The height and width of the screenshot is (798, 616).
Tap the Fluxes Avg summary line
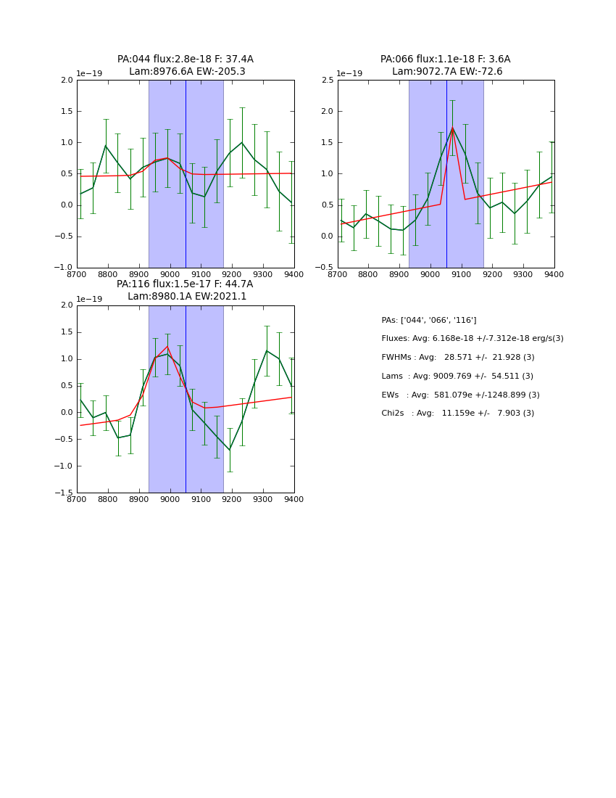click(472, 339)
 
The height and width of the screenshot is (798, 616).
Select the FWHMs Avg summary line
click(457, 358)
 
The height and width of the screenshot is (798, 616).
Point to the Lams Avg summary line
click(457, 377)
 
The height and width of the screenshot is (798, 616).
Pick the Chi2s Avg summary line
click(457, 414)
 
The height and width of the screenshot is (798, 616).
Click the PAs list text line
click(428, 321)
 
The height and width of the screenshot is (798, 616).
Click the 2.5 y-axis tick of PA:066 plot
click(327, 81)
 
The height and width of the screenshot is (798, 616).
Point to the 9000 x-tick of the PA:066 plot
click(430, 274)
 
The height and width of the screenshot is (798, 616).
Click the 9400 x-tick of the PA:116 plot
click(294, 499)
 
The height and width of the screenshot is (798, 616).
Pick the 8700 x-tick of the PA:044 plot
click(77, 274)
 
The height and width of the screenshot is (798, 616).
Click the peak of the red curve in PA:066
click(452, 128)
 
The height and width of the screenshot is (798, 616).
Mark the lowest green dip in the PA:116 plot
click(230, 451)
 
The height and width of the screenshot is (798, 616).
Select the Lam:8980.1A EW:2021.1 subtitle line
click(187, 297)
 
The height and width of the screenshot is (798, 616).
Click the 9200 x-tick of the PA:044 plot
click(232, 274)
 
